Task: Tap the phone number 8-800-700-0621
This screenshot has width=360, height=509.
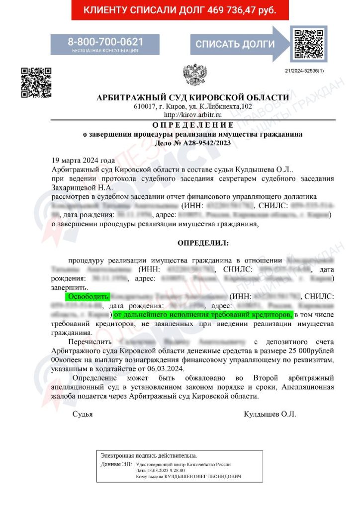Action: [x=105, y=41]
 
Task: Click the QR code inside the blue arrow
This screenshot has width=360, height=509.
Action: [x=306, y=44]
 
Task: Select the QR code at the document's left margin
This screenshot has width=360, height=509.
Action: [x=35, y=82]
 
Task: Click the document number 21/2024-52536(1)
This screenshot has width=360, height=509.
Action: [x=304, y=72]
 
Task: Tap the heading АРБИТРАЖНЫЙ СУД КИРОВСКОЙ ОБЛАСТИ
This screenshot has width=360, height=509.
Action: [x=192, y=97]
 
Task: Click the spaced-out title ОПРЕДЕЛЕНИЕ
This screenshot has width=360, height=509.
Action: [x=192, y=124]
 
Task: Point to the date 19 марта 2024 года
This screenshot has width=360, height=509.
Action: [x=83, y=161]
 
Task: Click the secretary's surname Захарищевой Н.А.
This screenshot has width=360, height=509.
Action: [x=82, y=187]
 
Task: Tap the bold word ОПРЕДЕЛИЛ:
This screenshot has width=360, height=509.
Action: [x=203, y=243]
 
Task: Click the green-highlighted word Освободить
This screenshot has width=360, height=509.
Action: [x=88, y=297]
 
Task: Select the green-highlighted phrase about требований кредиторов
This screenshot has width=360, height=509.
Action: [x=203, y=315]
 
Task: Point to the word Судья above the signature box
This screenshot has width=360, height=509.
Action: [x=83, y=414]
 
